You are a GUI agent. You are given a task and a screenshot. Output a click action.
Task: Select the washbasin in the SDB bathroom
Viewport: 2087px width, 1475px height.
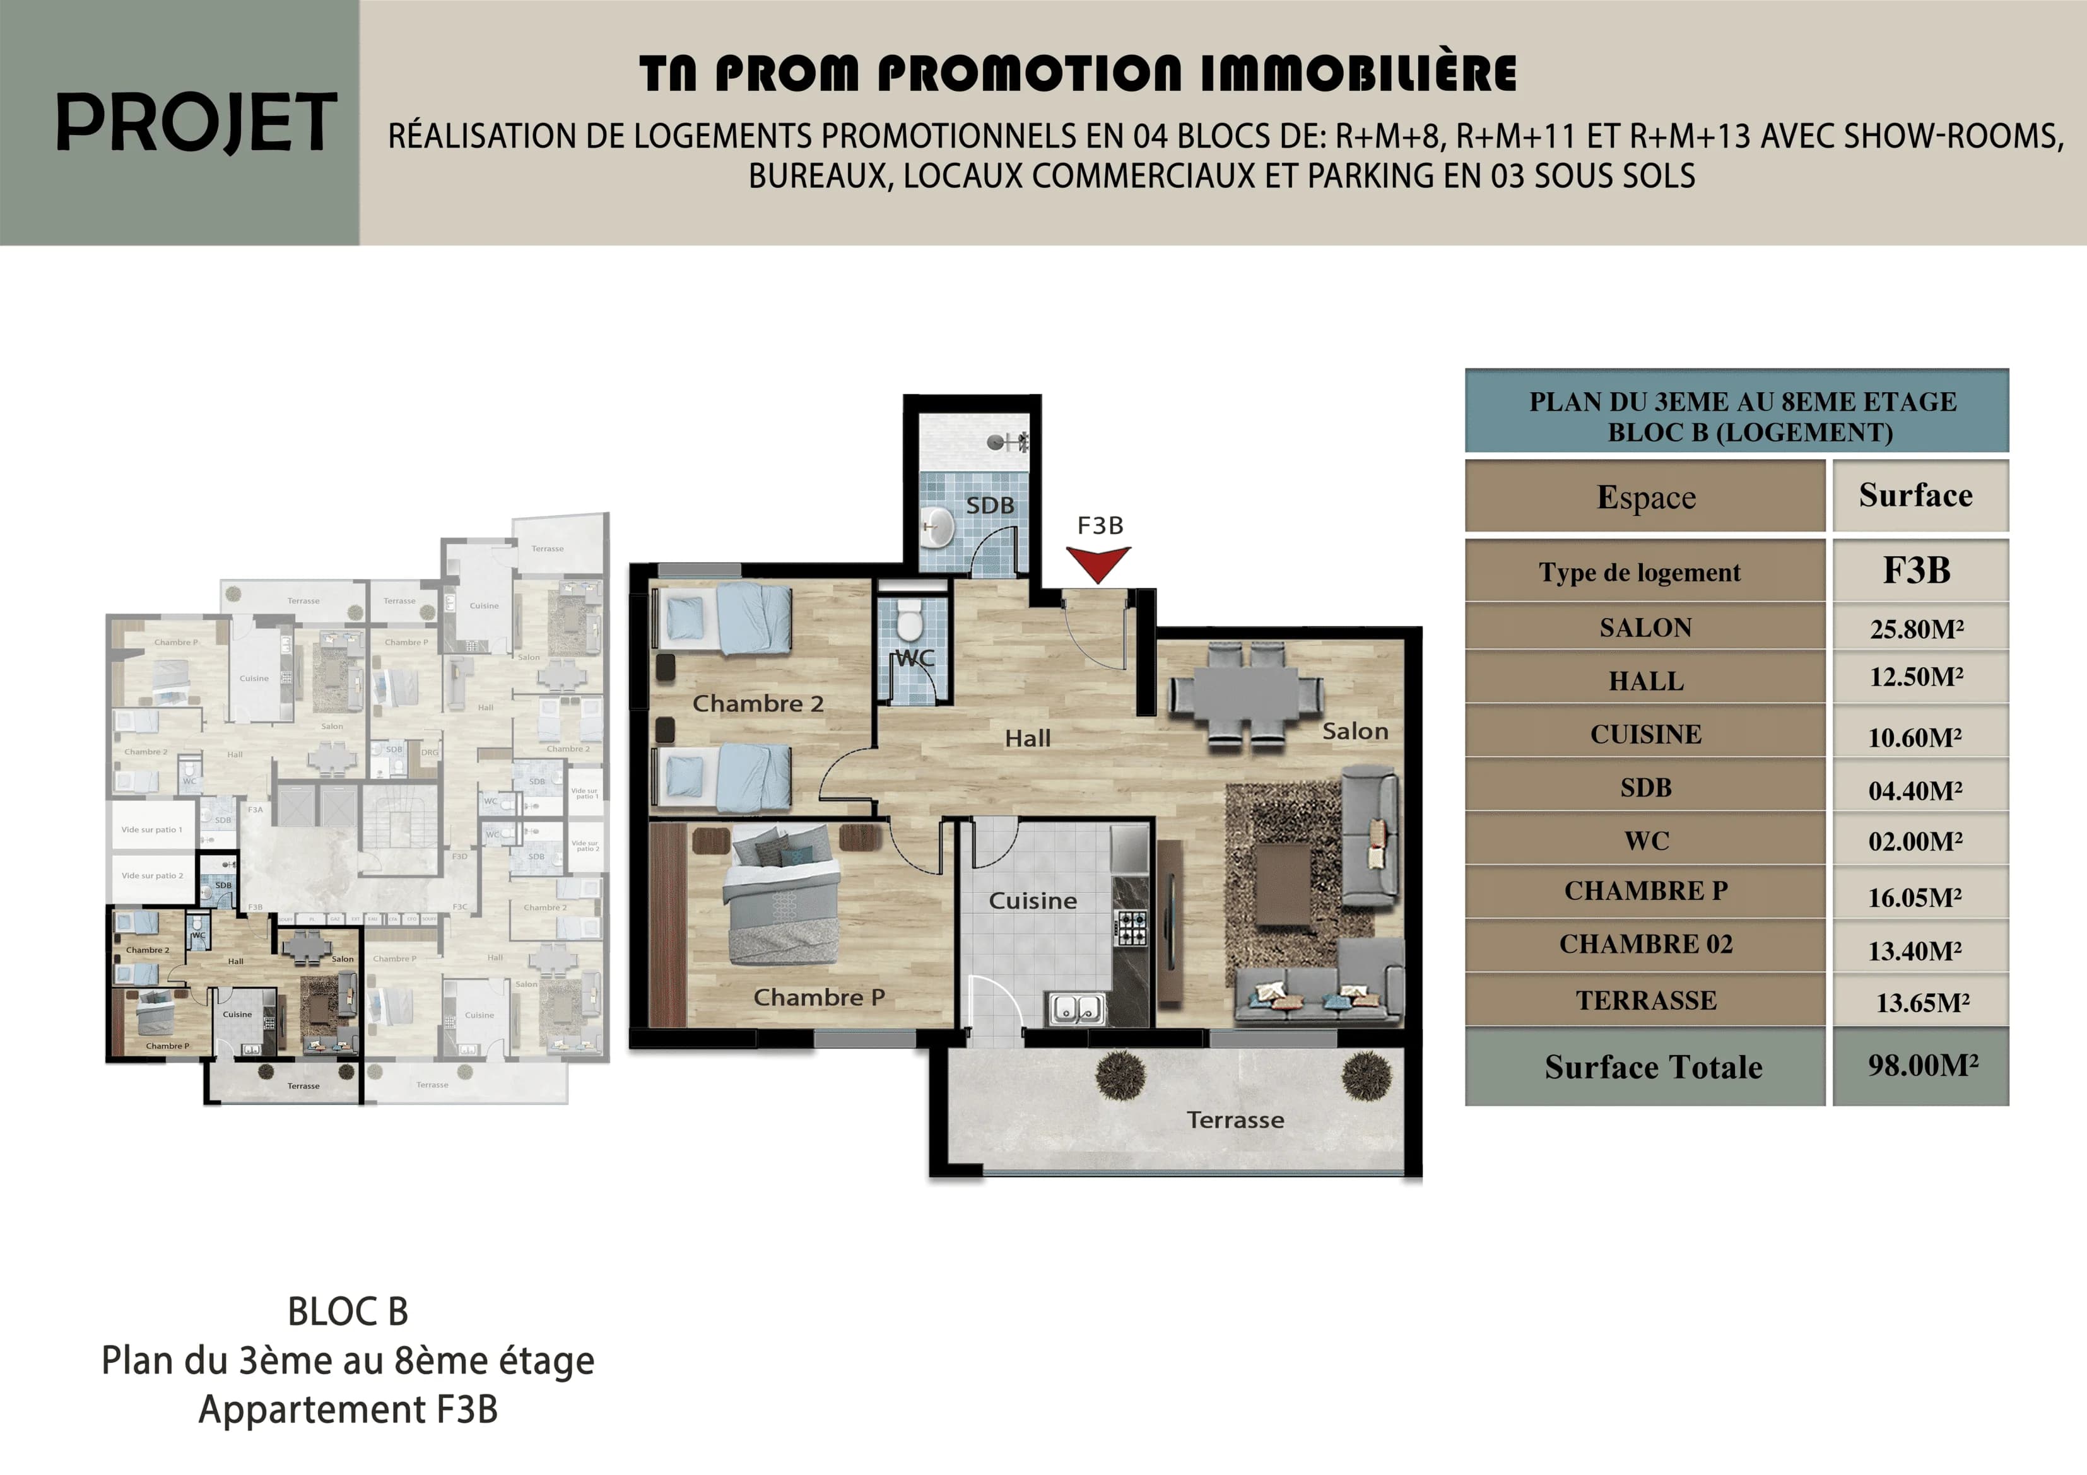point(936,528)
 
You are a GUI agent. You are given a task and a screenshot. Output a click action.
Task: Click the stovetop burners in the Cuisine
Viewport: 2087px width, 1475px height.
point(1131,928)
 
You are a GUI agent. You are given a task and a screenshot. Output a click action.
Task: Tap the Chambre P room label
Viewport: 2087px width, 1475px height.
point(818,997)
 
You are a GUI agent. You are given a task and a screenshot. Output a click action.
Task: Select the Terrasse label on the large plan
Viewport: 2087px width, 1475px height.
point(1235,1120)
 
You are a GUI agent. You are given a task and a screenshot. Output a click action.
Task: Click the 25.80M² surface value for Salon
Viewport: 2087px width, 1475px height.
point(1916,629)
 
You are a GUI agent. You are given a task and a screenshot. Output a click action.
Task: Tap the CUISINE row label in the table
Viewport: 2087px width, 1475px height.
point(1645,734)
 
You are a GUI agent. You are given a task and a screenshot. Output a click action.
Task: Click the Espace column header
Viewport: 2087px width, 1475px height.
point(1645,497)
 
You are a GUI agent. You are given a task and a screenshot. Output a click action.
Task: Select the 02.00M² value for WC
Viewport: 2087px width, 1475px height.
point(1914,842)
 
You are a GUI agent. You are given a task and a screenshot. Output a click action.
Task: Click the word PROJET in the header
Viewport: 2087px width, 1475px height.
point(196,123)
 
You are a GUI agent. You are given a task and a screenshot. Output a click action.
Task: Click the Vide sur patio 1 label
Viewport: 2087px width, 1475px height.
point(152,830)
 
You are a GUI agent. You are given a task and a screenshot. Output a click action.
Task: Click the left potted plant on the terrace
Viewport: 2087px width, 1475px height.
point(1120,1075)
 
